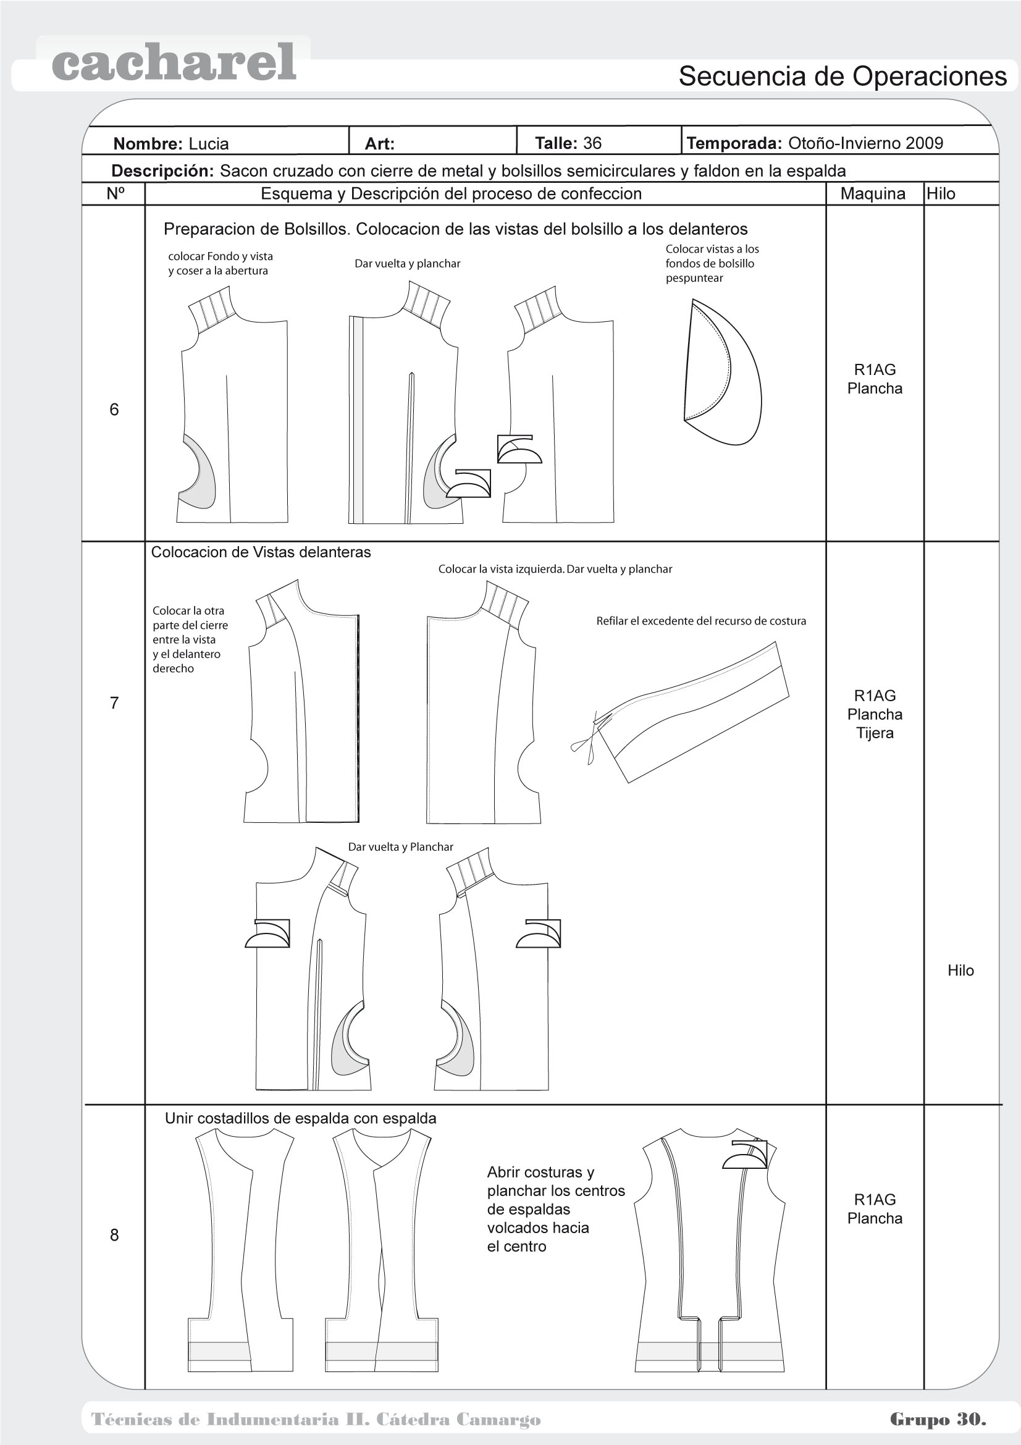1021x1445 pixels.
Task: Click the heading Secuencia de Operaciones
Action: tap(842, 77)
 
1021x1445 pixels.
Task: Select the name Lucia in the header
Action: tap(208, 144)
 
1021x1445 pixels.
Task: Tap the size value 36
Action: tap(592, 143)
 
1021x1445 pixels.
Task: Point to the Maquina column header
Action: tap(873, 194)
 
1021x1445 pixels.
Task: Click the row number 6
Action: tap(114, 410)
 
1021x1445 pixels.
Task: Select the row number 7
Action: tap(114, 703)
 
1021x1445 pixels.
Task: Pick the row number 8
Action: tap(114, 1235)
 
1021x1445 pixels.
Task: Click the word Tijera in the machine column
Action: tap(875, 733)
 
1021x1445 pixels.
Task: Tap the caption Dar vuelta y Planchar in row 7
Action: tap(401, 847)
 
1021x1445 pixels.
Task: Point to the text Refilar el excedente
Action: tap(701, 621)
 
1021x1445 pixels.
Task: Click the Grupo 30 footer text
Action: tap(938, 1419)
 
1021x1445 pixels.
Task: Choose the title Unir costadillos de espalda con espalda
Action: tap(300, 1118)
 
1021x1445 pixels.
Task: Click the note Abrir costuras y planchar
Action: tap(555, 1209)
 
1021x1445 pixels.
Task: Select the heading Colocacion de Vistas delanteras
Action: tap(261, 552)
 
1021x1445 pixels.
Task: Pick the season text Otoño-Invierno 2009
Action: tap(865, 143)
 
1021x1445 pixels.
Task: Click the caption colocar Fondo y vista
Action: tap(220, 264)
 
